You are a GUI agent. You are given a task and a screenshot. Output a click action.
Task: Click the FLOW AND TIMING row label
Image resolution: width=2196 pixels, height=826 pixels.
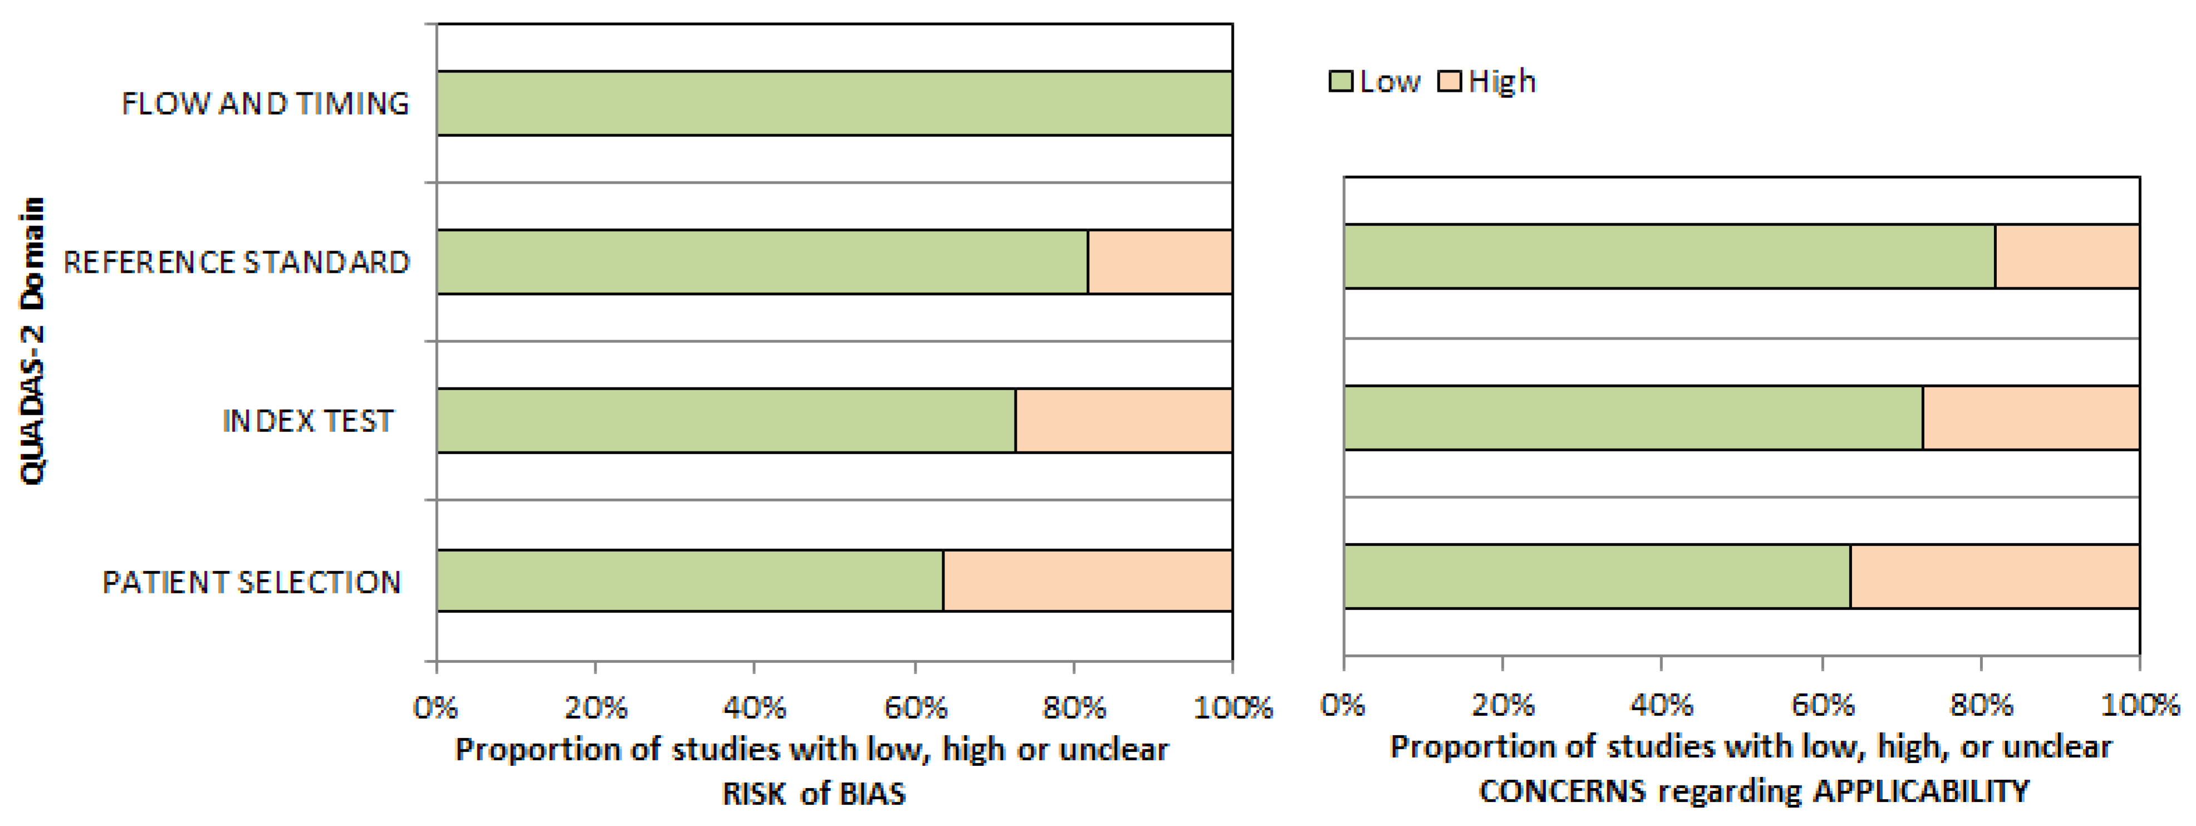tap(265, 103)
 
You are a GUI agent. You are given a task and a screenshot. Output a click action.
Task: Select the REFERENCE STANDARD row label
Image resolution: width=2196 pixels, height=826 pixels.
tap(236, 262)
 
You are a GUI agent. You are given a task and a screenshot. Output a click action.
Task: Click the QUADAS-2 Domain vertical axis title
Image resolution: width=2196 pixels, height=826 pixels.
tap(32, 341)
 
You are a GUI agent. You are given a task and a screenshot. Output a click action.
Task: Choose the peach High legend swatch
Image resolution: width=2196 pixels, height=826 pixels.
tap(1449, 82)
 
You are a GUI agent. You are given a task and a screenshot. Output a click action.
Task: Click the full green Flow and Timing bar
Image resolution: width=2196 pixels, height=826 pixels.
tap(834, 103)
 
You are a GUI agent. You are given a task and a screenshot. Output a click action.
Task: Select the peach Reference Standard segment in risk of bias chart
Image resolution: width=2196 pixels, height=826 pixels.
tap(1159, 262)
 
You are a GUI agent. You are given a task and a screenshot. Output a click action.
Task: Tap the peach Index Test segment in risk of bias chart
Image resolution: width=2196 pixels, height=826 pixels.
tap(1124, 420)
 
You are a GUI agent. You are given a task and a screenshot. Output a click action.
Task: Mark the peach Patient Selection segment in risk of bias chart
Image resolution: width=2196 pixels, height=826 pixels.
tap(1087, 581)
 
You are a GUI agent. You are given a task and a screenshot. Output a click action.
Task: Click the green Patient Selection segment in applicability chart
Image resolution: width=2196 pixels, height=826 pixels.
tap(1597, 576)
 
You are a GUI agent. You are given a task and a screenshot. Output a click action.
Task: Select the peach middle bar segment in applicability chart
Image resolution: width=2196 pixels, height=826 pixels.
tap(2031, 417)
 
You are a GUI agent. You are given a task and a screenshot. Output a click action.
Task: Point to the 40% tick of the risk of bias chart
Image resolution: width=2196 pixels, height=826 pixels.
tap(755, 707)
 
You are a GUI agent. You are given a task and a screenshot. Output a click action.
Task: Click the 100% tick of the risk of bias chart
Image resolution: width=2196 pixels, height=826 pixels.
tap(1233, 707)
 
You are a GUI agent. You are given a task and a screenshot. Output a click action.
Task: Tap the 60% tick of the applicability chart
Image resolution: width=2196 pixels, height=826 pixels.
tap(1822, 704)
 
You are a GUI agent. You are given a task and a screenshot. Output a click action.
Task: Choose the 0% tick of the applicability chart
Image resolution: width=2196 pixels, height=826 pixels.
tap(1343, 704)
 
